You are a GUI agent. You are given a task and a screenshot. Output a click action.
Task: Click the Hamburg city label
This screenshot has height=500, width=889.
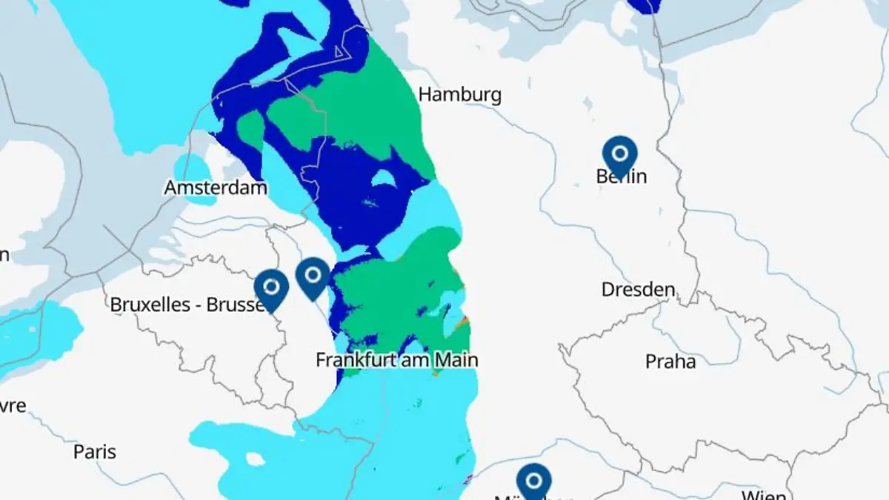(459, 95)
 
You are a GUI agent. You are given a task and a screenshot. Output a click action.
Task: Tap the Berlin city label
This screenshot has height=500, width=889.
(621, 176)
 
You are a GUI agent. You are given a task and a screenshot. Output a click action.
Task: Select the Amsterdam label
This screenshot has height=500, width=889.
(216, 188)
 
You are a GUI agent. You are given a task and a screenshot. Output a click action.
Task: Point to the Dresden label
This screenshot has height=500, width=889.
(638, 290)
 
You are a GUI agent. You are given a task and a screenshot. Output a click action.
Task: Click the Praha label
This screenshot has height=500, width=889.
(670, 361)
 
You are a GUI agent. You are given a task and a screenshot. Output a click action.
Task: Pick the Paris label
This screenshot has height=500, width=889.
(95, 452)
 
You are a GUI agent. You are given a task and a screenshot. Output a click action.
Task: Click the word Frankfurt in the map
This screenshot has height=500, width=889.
(353, 360)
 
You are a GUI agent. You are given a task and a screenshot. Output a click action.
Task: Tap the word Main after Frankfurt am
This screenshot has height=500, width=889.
(456, 360)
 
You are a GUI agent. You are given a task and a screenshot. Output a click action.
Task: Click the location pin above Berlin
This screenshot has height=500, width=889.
(620, 154)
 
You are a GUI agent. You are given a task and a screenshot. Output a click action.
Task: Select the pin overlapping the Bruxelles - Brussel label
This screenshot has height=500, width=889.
(271, 288)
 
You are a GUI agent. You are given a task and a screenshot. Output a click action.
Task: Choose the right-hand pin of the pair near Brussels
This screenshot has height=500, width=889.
(313, 276)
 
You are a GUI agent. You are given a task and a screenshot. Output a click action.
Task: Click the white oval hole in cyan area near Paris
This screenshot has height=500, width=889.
(255, 459)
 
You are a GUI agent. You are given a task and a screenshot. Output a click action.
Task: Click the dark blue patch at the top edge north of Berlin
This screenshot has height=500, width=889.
(644, 6)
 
